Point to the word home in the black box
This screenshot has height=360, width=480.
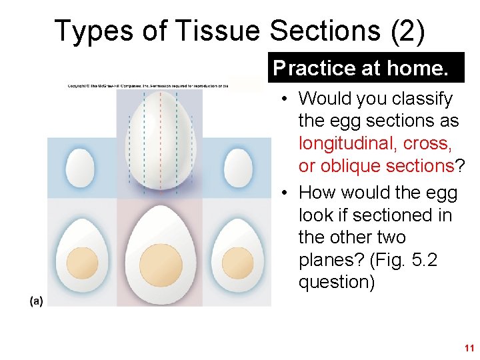coord(418,68)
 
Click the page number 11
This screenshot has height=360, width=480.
coord(469,348)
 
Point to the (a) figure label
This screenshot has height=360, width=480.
coord(36,301)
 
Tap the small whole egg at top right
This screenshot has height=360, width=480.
coord(237,167)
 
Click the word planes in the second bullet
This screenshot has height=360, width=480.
coord(325,260)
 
